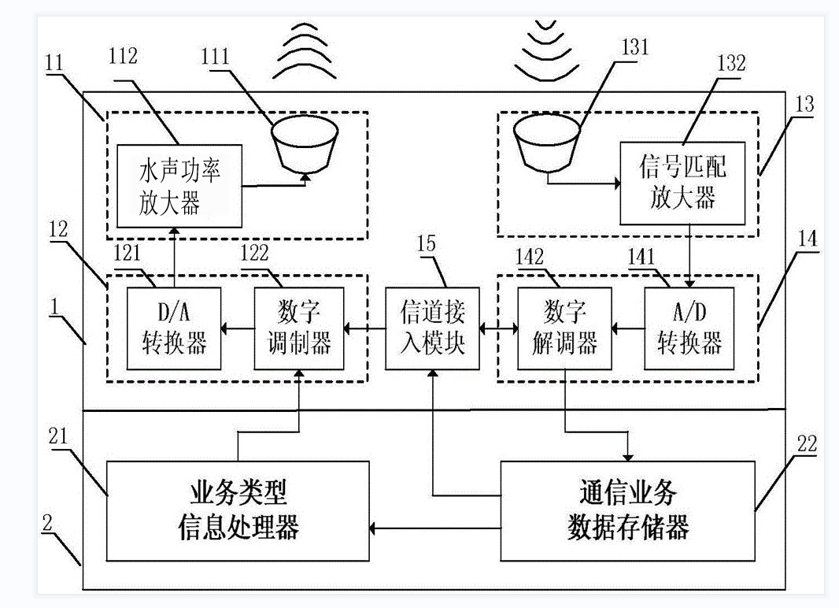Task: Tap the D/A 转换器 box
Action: [174, 328]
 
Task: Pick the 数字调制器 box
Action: [300, 328]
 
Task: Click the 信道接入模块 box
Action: [433, 328]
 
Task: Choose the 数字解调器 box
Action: [564, 328]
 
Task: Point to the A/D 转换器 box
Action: [689, 328]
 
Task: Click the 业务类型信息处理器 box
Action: [238, 510]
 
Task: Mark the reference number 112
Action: [124, 57]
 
